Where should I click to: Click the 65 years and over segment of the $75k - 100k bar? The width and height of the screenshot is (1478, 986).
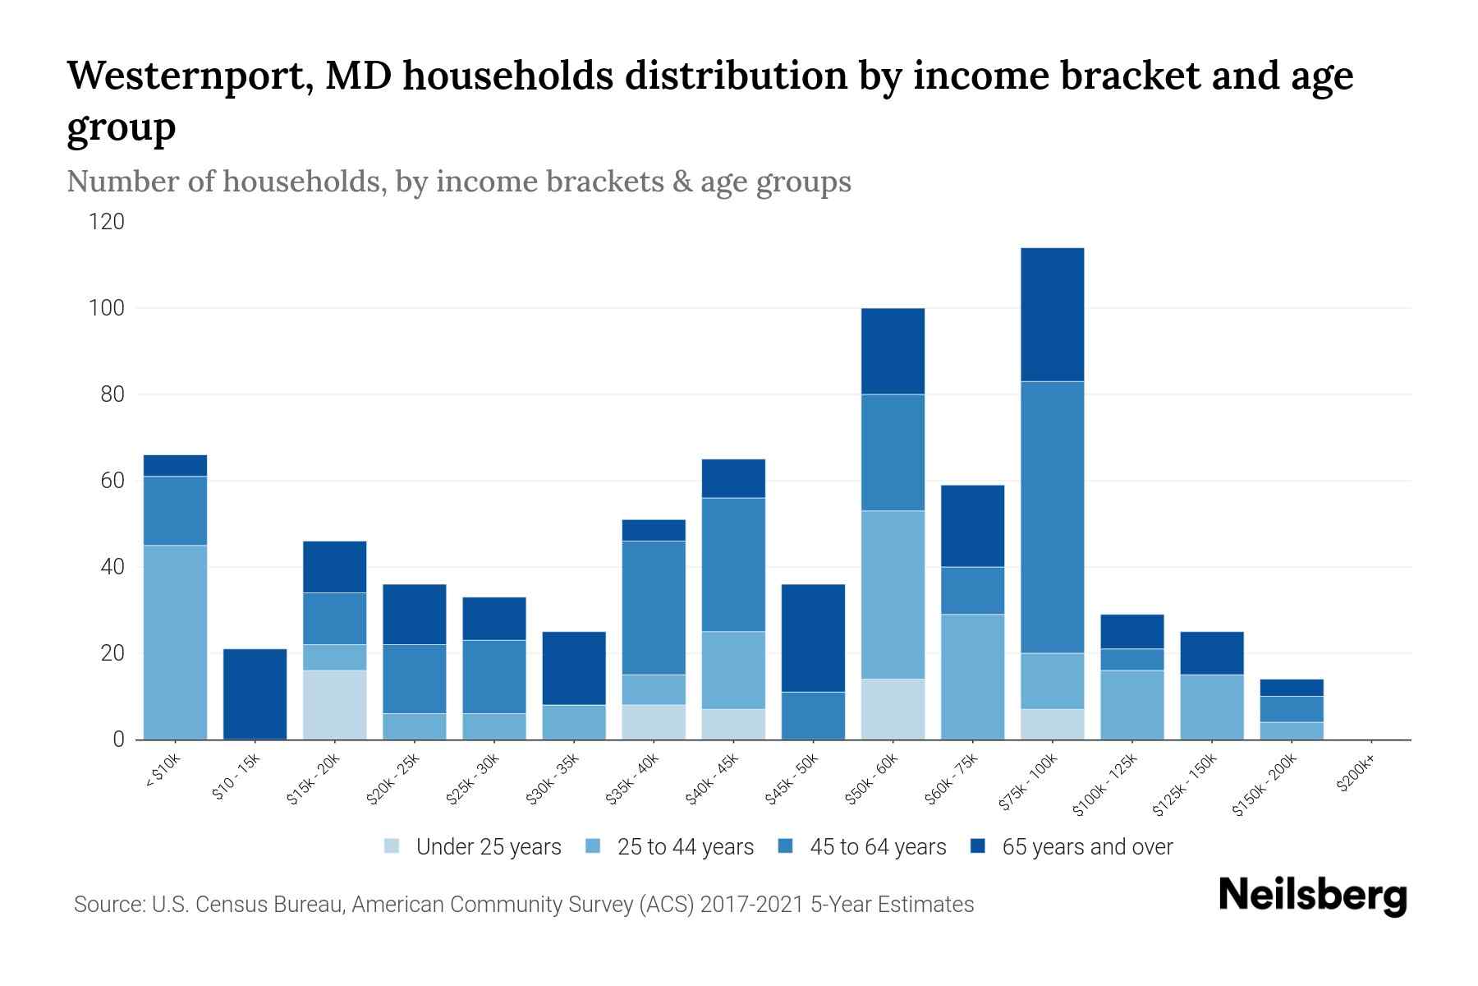[1053, 315]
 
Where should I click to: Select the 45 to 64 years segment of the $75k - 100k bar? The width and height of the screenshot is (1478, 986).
[1053, 517]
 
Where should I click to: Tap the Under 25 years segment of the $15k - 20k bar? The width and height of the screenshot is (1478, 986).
[335, 705]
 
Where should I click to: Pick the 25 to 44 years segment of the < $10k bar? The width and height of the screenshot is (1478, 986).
[175, 643]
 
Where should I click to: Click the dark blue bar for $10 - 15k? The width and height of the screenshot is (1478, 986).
[255, 694]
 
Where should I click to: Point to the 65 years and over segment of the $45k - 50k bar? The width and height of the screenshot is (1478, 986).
[813, 638]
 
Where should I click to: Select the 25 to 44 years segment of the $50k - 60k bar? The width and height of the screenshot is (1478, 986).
[893, 595]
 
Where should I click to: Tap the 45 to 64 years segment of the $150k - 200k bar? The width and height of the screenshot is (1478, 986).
[1292, 709]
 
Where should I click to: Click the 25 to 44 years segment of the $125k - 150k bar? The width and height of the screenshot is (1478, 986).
[1212, 707]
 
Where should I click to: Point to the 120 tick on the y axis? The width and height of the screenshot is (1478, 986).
[108, 222]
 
